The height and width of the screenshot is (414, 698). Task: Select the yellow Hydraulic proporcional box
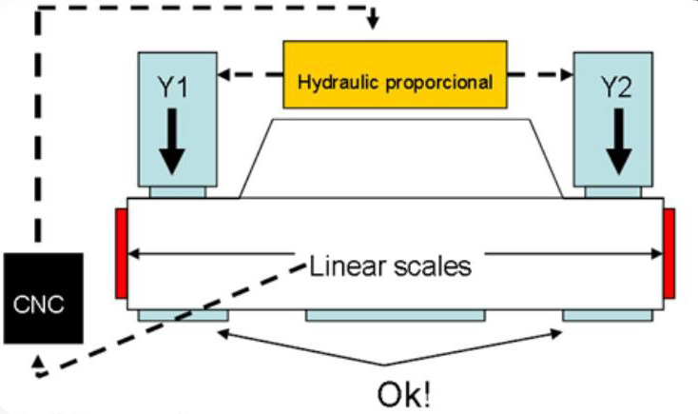click(395, 75)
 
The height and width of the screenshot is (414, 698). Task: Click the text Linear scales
click(390, 266)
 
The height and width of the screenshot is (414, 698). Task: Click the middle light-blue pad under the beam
click(395, 316)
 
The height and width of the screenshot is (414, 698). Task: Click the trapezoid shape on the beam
click(399, 158)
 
